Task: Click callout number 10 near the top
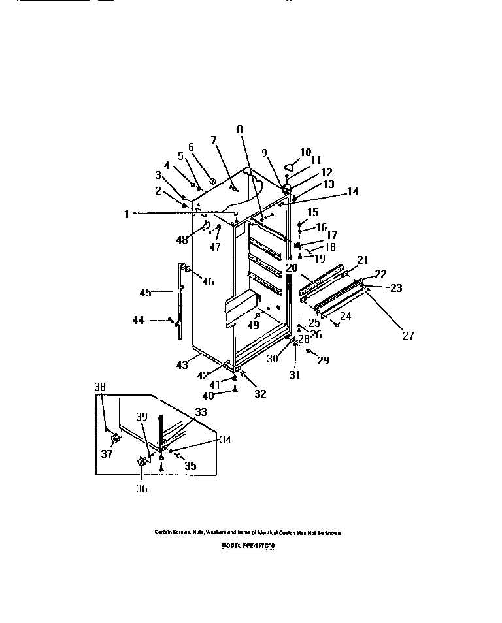(x=305, y=152)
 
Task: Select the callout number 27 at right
(x=408, y=336)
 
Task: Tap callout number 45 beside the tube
(x=145, y=293)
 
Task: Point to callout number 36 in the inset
(x=141, y=488)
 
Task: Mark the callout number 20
(x=291, y=267)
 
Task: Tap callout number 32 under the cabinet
(x=260, y=393)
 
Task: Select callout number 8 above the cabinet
(x=240, y=129)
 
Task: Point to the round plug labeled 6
(x=212, y=180)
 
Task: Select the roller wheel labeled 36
(x=141, y=462)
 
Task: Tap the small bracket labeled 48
(x=207, y=227)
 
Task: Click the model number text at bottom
(x=248, y=545)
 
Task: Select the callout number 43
(x=181, y=365)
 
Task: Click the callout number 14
(x=352, y=191)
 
